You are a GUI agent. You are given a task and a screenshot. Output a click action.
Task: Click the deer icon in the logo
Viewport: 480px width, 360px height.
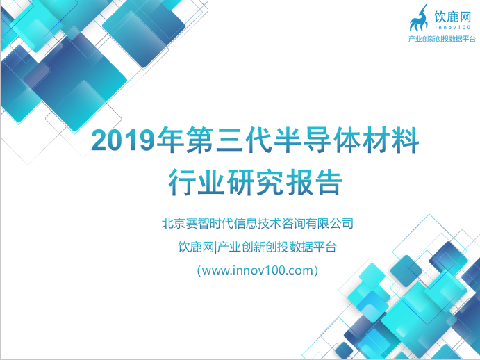pos(419,18)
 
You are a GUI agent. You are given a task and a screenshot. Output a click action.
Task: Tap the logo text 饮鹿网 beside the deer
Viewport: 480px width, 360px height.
pos(452,17)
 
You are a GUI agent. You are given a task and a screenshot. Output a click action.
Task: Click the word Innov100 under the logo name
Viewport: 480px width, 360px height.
pos(453,28)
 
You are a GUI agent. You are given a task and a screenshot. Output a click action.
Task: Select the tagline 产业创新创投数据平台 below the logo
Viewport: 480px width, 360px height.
pos(442,39)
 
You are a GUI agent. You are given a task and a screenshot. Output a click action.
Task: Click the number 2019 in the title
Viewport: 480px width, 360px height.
pos(122,140)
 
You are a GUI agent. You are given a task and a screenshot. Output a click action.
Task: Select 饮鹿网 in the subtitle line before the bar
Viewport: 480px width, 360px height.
pos(196,247)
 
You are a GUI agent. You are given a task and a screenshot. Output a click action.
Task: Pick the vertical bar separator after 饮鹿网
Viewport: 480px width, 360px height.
pos(215,247)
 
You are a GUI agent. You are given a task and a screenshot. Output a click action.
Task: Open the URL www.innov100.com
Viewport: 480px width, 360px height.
pos(258,270)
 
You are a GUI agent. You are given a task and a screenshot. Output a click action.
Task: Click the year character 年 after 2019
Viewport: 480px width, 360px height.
pos(169,140)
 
